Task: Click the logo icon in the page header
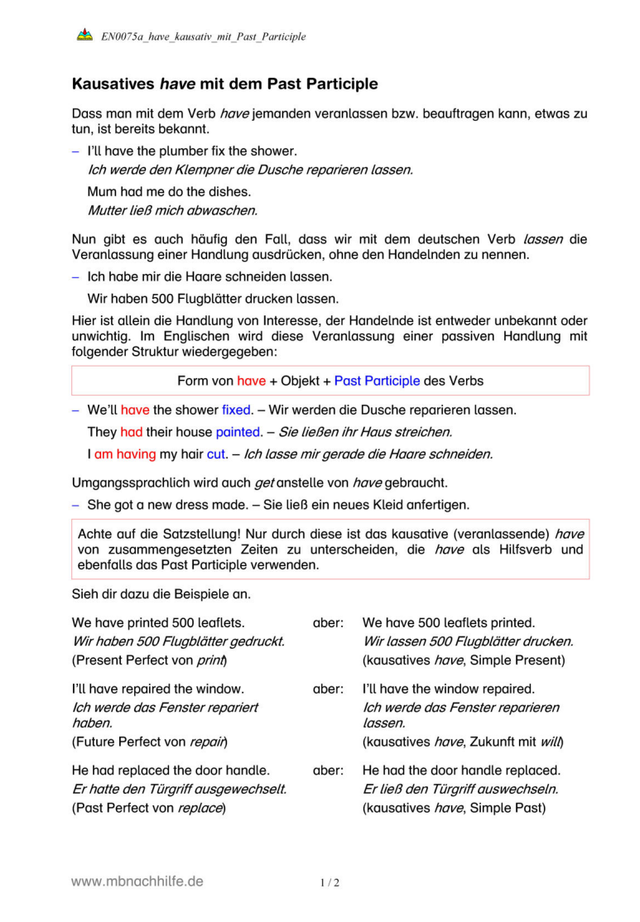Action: [x=84, y=36]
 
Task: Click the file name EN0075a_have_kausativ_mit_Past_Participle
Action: [x=204, y=36]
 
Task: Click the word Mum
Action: [x=102, y=191]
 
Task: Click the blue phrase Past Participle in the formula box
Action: [x=377, y=382]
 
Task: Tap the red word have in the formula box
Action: [x=252, y=382]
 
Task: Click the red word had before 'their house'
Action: [x=132, y=432]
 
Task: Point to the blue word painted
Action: [x=238, y=432]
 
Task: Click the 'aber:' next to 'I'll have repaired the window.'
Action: [x=329, y=689]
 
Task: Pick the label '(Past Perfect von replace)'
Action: [x=149, y=807]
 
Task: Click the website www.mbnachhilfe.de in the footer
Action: [x=137, y=882]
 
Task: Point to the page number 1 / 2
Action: [x=330, y=883]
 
